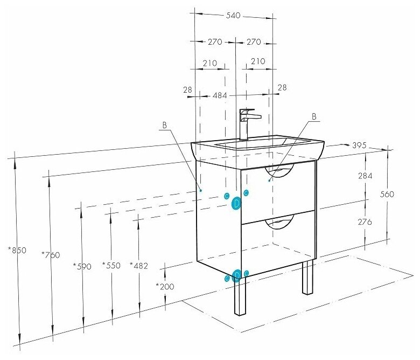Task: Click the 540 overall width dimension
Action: [233, 16]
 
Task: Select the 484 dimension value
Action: [219, 95]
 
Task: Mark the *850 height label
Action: [17, 250]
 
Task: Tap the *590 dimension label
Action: [82, 266]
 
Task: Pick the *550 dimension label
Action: [111, 266]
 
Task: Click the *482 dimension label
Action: [139, 265]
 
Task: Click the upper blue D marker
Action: [236, 204]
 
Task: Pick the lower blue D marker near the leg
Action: [236, 276]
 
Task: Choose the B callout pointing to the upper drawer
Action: [314, 116]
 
